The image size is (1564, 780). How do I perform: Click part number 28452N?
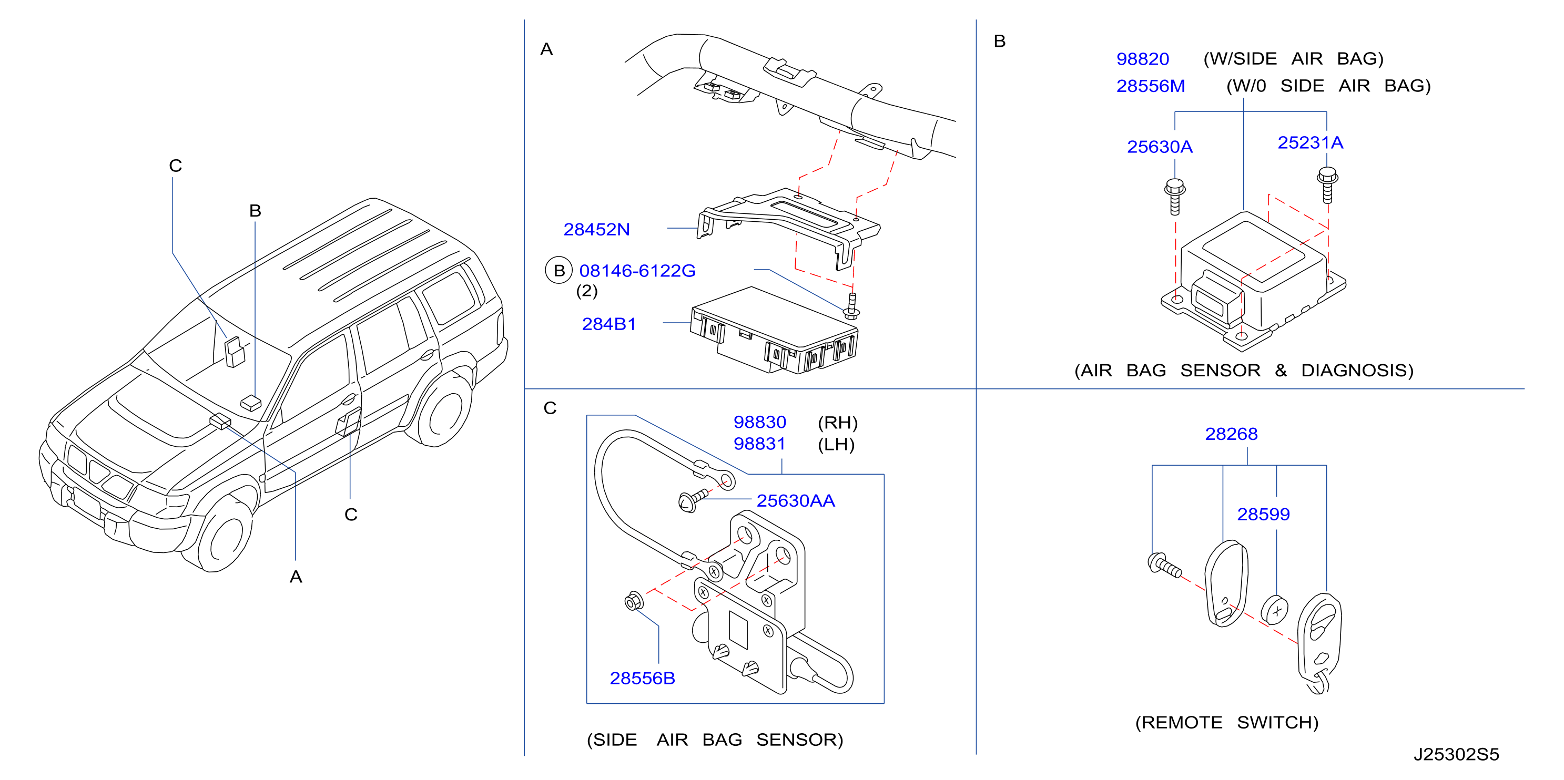point(596,230)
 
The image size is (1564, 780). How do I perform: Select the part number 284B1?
point(608,324)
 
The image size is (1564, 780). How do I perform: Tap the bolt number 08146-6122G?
point(637,271)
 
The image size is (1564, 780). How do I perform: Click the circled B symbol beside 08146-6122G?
point(558,271)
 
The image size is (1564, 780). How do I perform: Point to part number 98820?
point(1142,59)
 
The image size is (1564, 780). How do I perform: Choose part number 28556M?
point(1150,86)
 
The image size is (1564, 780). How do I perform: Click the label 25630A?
point(1159,147)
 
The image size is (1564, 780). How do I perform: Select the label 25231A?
point(1309,142)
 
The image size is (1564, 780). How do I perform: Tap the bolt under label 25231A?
point(1327,185)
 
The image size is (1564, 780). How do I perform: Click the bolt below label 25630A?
point(1175,196)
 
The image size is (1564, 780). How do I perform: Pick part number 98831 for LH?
point(759,444)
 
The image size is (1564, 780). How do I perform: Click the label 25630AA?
point(795,501)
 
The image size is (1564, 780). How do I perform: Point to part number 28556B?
point(642,678)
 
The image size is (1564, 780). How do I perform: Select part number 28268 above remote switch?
point(1231,434)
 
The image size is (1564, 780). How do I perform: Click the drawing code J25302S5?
point(1456,754)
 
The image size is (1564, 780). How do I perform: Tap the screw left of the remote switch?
point(1164,565)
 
